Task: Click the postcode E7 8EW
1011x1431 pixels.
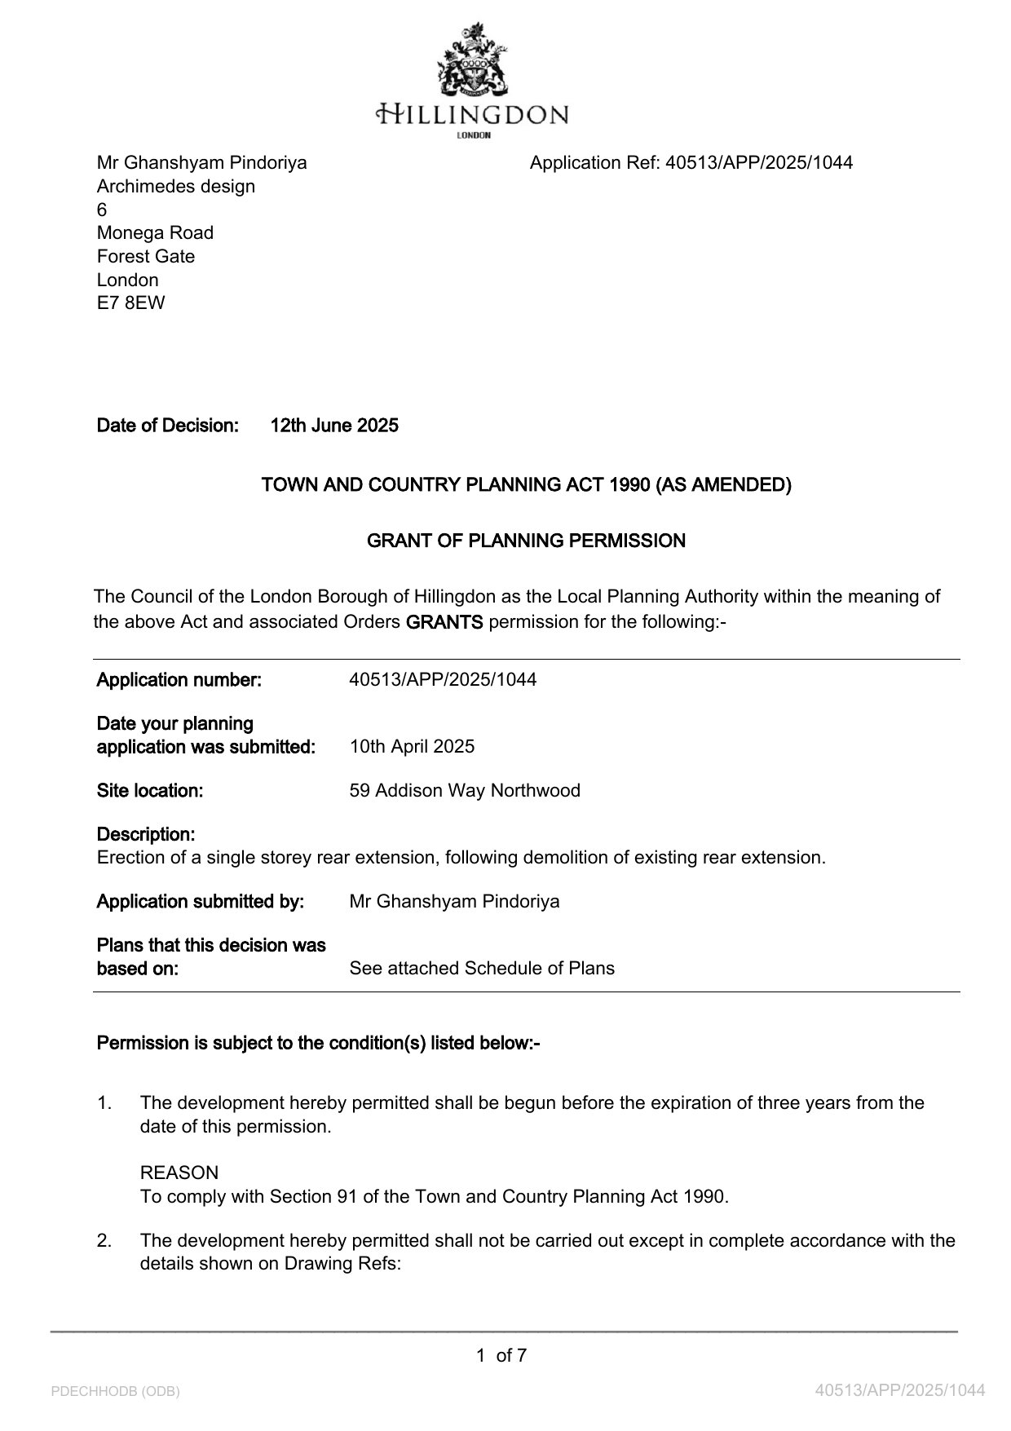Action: pyautogui.click(x=130, y=303)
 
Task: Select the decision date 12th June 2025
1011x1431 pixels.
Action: pyautogui.click(x=334, y=426)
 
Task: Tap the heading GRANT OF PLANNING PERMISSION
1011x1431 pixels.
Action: pyautogui.click(x=526, y=541)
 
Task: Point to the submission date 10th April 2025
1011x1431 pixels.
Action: pyautogui.click(x=412, y=747)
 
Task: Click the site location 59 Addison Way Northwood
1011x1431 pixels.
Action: pyautogui.click(x=465, y=791)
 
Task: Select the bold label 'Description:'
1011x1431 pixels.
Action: pyautogui.click(x=146, y=835)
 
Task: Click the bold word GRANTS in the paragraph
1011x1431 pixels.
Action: pyautogui.click(x=444, y=622)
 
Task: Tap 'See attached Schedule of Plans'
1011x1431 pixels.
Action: pyautogui.click(x=482, y=969)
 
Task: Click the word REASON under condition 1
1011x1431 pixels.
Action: pyautogui.click(x=179, y=1173)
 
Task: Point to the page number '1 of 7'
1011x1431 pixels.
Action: pyautogui.click(x=501, y=1356)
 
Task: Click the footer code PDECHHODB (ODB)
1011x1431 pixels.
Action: pyautogui.click(x=115, y=1392)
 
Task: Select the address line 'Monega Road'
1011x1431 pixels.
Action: pyautogui.click(x=155, y=233)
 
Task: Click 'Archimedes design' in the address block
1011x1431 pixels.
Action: pyautogui.click(x=176, y=187)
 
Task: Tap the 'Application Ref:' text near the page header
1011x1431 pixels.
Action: pyautogui.click(x=594, y=163)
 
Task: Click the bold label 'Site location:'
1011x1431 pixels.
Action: pyautogui.click(x=150, y=791)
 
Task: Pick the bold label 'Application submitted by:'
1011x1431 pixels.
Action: pyautogui.click(x=201, y=902)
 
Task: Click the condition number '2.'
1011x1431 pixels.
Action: pyautogui.click(x=104, y=1241)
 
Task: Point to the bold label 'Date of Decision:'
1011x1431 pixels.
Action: pyautogui.click(x=168, y=426)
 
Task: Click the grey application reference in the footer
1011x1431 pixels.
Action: pyautogui.click(x=900, y=1391)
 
